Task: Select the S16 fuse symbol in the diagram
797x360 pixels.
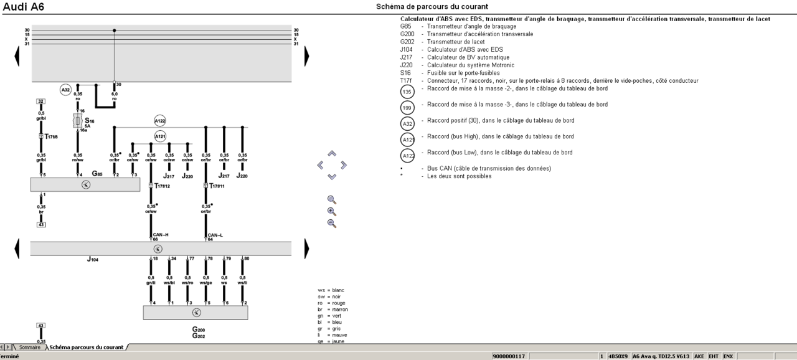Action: [x=78, y=120]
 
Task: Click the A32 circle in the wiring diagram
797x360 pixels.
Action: [x=65, y=90]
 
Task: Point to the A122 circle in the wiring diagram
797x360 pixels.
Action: [x=160, y=121]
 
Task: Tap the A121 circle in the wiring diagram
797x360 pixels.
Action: [x=160, y=136]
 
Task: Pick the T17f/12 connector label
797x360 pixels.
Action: [x=162, y=186]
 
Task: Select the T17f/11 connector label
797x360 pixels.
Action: [x=217, y=186]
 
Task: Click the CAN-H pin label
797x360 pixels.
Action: [x=161, y=235]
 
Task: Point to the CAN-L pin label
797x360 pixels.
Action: [x=215, y=235]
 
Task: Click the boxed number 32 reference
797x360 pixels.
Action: [x=40, y=101]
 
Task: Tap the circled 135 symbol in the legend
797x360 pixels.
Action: [x=407, y=92]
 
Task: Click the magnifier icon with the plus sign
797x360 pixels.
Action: [x=332, y=211]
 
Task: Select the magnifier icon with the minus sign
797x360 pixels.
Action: [x=332, y=223]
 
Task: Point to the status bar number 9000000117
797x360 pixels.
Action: [x=509, y=356]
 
